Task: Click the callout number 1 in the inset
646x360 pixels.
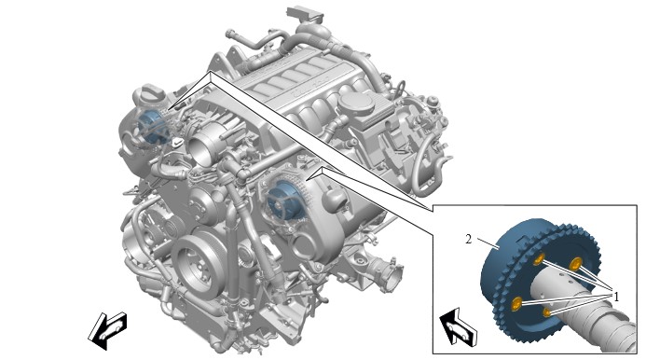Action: (616, 297)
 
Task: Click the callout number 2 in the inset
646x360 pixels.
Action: (469, 239)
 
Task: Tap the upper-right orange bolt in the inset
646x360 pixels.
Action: (575, 263)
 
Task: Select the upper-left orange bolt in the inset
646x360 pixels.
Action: (539, 259)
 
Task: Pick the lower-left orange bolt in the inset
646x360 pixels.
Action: (516, 304)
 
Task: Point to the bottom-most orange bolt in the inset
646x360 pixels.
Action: (546, 312)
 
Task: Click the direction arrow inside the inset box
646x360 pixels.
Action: (458, 325)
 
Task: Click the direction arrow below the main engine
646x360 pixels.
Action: (107, 330)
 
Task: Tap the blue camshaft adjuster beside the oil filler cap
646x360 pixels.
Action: (151, 127)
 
